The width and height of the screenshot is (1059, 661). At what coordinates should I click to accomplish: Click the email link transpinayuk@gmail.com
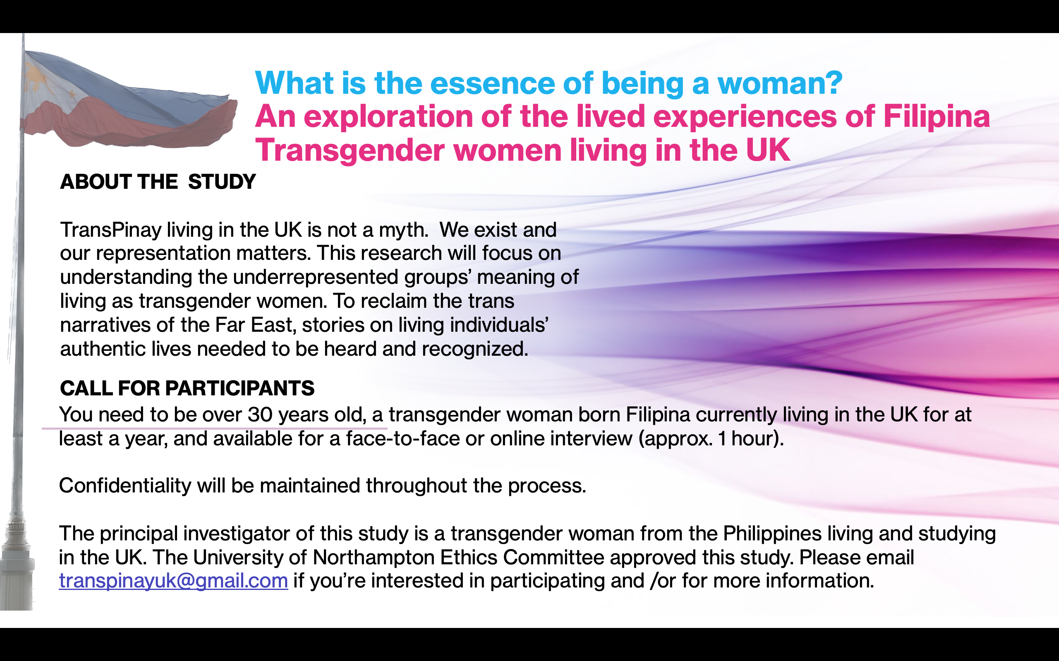(173, 581)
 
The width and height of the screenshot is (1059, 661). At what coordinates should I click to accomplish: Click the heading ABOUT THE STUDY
(158, 182)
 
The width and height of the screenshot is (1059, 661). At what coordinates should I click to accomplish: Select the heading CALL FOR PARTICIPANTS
(187, 388)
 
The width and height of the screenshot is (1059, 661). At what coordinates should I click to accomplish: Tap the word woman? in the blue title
(780, 83)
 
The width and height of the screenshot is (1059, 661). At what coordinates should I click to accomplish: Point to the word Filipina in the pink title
(937, 117)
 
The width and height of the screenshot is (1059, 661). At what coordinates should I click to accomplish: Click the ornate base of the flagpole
(17, 564)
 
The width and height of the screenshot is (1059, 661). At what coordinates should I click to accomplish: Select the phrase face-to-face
(403, 438)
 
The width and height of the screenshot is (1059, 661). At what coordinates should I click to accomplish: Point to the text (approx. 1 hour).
(711, 438)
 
